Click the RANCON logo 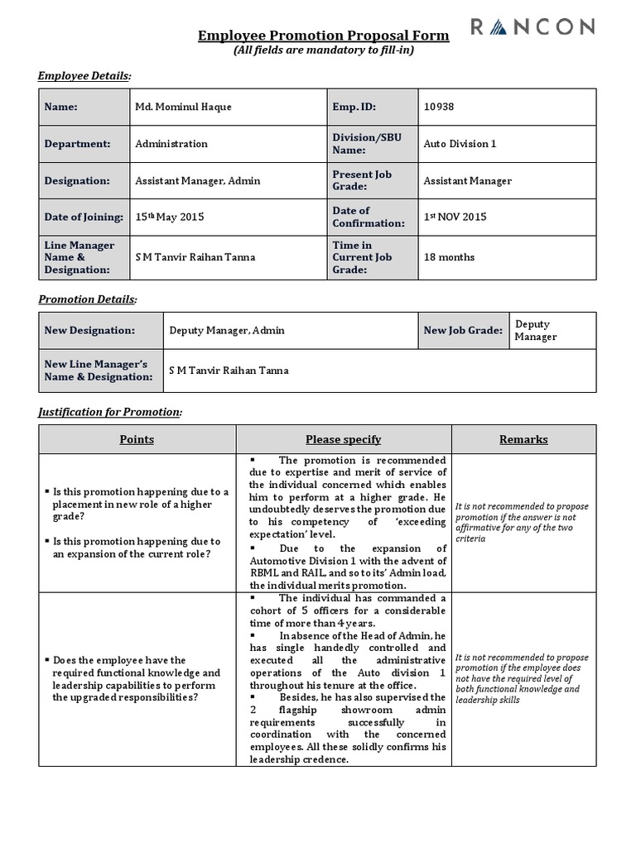coord(532,28)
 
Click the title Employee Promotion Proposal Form coord(324,36)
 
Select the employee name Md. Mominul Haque coord(184,107)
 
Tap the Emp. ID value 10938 coord(439,107)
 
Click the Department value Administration coord(171,144)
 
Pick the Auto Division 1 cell coord(460,144)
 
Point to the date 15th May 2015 coord(169,217)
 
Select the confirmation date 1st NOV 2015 coord(455,217)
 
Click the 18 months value coord(449,257)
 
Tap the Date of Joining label coord(83,217)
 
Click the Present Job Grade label coord(363,180)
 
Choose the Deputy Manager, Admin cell coord(226,330)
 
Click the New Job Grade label coord(463,330)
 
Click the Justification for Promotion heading coord(110,412)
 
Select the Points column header coord(137,439)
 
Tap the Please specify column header coord(343,439)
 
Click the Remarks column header coord(523,439)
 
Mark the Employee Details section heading coord(84,76)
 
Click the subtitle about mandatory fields coord(324,50)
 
